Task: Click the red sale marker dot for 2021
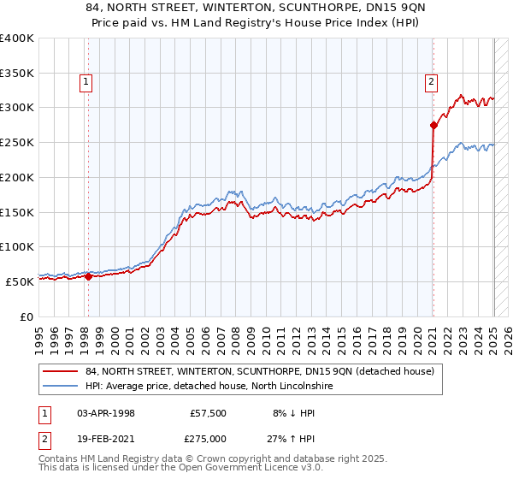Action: point(433,125)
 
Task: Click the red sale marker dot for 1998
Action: point(88,275)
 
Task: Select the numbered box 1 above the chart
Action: point(87,82)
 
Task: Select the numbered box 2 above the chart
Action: point(433,82)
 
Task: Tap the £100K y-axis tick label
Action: point(17,246)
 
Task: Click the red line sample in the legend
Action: point(60,371)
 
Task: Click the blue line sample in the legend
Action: point(60,387)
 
